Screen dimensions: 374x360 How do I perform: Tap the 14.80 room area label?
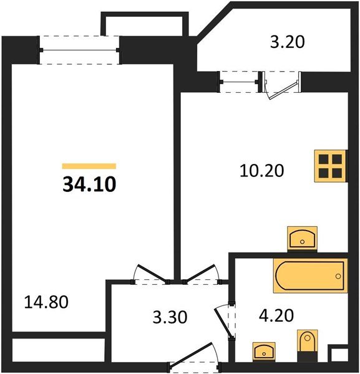[x=46, y=303]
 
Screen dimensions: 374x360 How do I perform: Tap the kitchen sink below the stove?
[x=302, y=239]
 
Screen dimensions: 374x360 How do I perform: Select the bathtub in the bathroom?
[x=309, y=275]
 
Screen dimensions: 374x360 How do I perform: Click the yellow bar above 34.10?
[x=89, y=166]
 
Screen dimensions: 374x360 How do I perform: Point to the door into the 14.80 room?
[x=150, y=275]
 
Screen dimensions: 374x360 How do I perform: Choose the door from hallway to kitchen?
[x=199, y=274]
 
